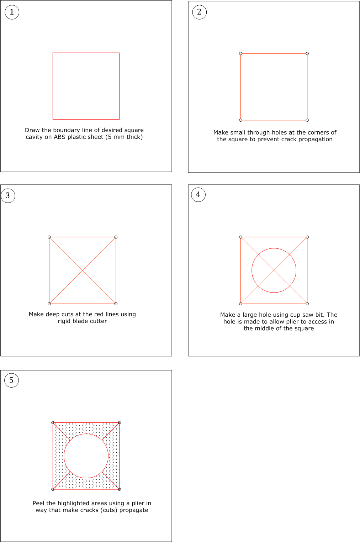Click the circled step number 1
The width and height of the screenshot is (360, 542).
(12, 12)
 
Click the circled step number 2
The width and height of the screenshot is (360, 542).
(199, 12)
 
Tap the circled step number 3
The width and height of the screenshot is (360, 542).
(8, 195)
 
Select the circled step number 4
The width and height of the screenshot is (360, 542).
(198, 195)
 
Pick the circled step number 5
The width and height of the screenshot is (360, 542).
(11, 380)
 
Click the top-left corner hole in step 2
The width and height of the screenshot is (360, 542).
(241, 53)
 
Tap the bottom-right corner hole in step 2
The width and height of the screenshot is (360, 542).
(307, 120)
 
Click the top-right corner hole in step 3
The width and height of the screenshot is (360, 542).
(116, 237)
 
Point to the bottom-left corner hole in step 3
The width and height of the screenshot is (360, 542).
(49, 304)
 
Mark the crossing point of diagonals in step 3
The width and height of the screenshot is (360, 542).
(83, 270)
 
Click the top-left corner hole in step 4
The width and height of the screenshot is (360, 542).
(241, 237)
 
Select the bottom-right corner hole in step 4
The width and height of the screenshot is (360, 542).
(307, 304)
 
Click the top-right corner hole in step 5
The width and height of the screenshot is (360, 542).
(120, 423)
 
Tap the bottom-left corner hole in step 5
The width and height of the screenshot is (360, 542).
(53, 489)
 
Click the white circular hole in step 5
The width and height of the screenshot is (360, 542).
(86, 456)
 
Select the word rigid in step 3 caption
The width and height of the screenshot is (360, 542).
(65, 321)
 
